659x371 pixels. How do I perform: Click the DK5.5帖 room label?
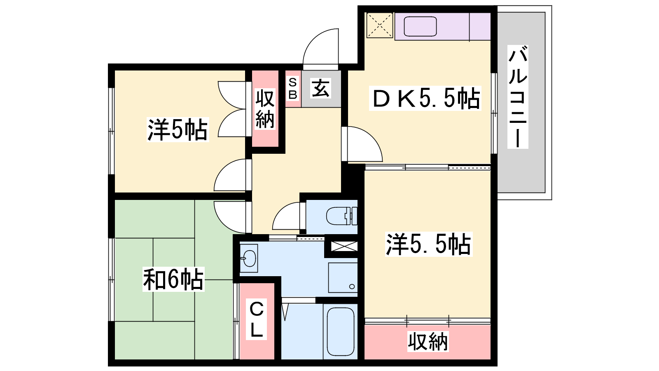[x=425, y=99]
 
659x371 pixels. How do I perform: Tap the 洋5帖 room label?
[x=178, y=129]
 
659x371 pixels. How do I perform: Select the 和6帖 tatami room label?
[x=173, y=279]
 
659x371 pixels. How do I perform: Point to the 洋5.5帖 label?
[x=429, y=244]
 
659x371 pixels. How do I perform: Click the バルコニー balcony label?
[x=518, y=97]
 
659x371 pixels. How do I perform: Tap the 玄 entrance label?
[x=320, y=88]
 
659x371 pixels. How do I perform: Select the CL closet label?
[x=256, y=319]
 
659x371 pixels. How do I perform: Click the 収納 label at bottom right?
[x=428, y=342]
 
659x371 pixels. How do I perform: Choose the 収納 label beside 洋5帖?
[x=265, y=109]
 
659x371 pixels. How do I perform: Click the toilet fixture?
[x=342, y=216]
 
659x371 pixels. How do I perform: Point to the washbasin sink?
[x=249, y=258]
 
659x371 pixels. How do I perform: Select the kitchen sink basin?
[x=420, y=26]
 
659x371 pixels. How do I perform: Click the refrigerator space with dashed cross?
[x=379, y=25]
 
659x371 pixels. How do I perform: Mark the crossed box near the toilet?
[x=344, y=246]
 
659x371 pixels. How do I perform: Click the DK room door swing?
[x=362, y=144]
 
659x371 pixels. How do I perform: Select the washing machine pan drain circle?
[x=352, y=286]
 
